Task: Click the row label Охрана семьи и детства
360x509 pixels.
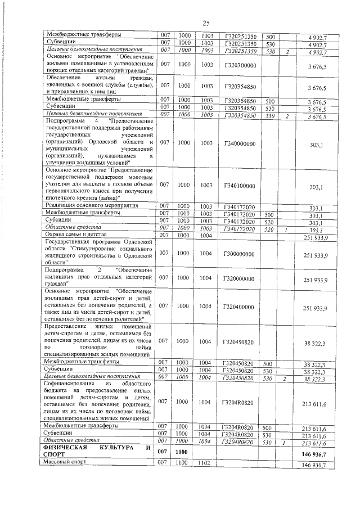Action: pos(71,235)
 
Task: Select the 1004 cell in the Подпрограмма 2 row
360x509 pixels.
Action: pos(205,278)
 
